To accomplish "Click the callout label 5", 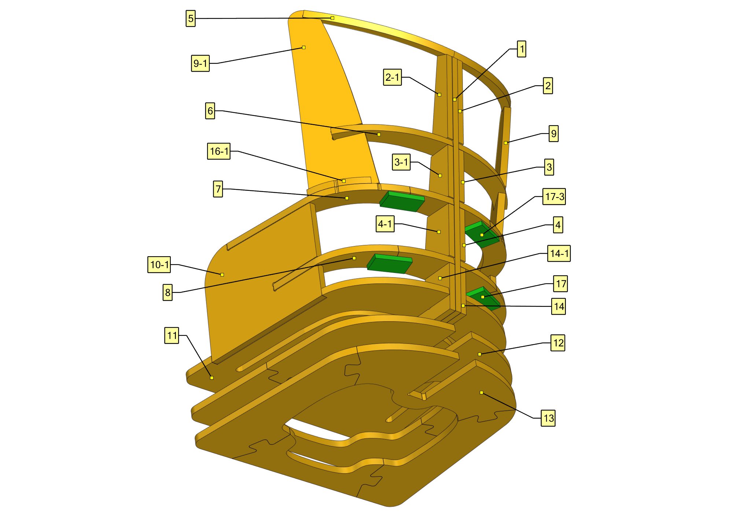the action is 191,18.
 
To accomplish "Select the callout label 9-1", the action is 200,63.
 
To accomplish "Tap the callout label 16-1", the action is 219,151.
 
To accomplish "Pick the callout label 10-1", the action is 159,265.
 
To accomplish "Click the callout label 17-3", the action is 554,196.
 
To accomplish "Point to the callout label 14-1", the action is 559,253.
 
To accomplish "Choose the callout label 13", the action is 548,418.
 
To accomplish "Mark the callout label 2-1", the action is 393,77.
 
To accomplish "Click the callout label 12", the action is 558,343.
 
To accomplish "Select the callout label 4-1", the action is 385,224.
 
